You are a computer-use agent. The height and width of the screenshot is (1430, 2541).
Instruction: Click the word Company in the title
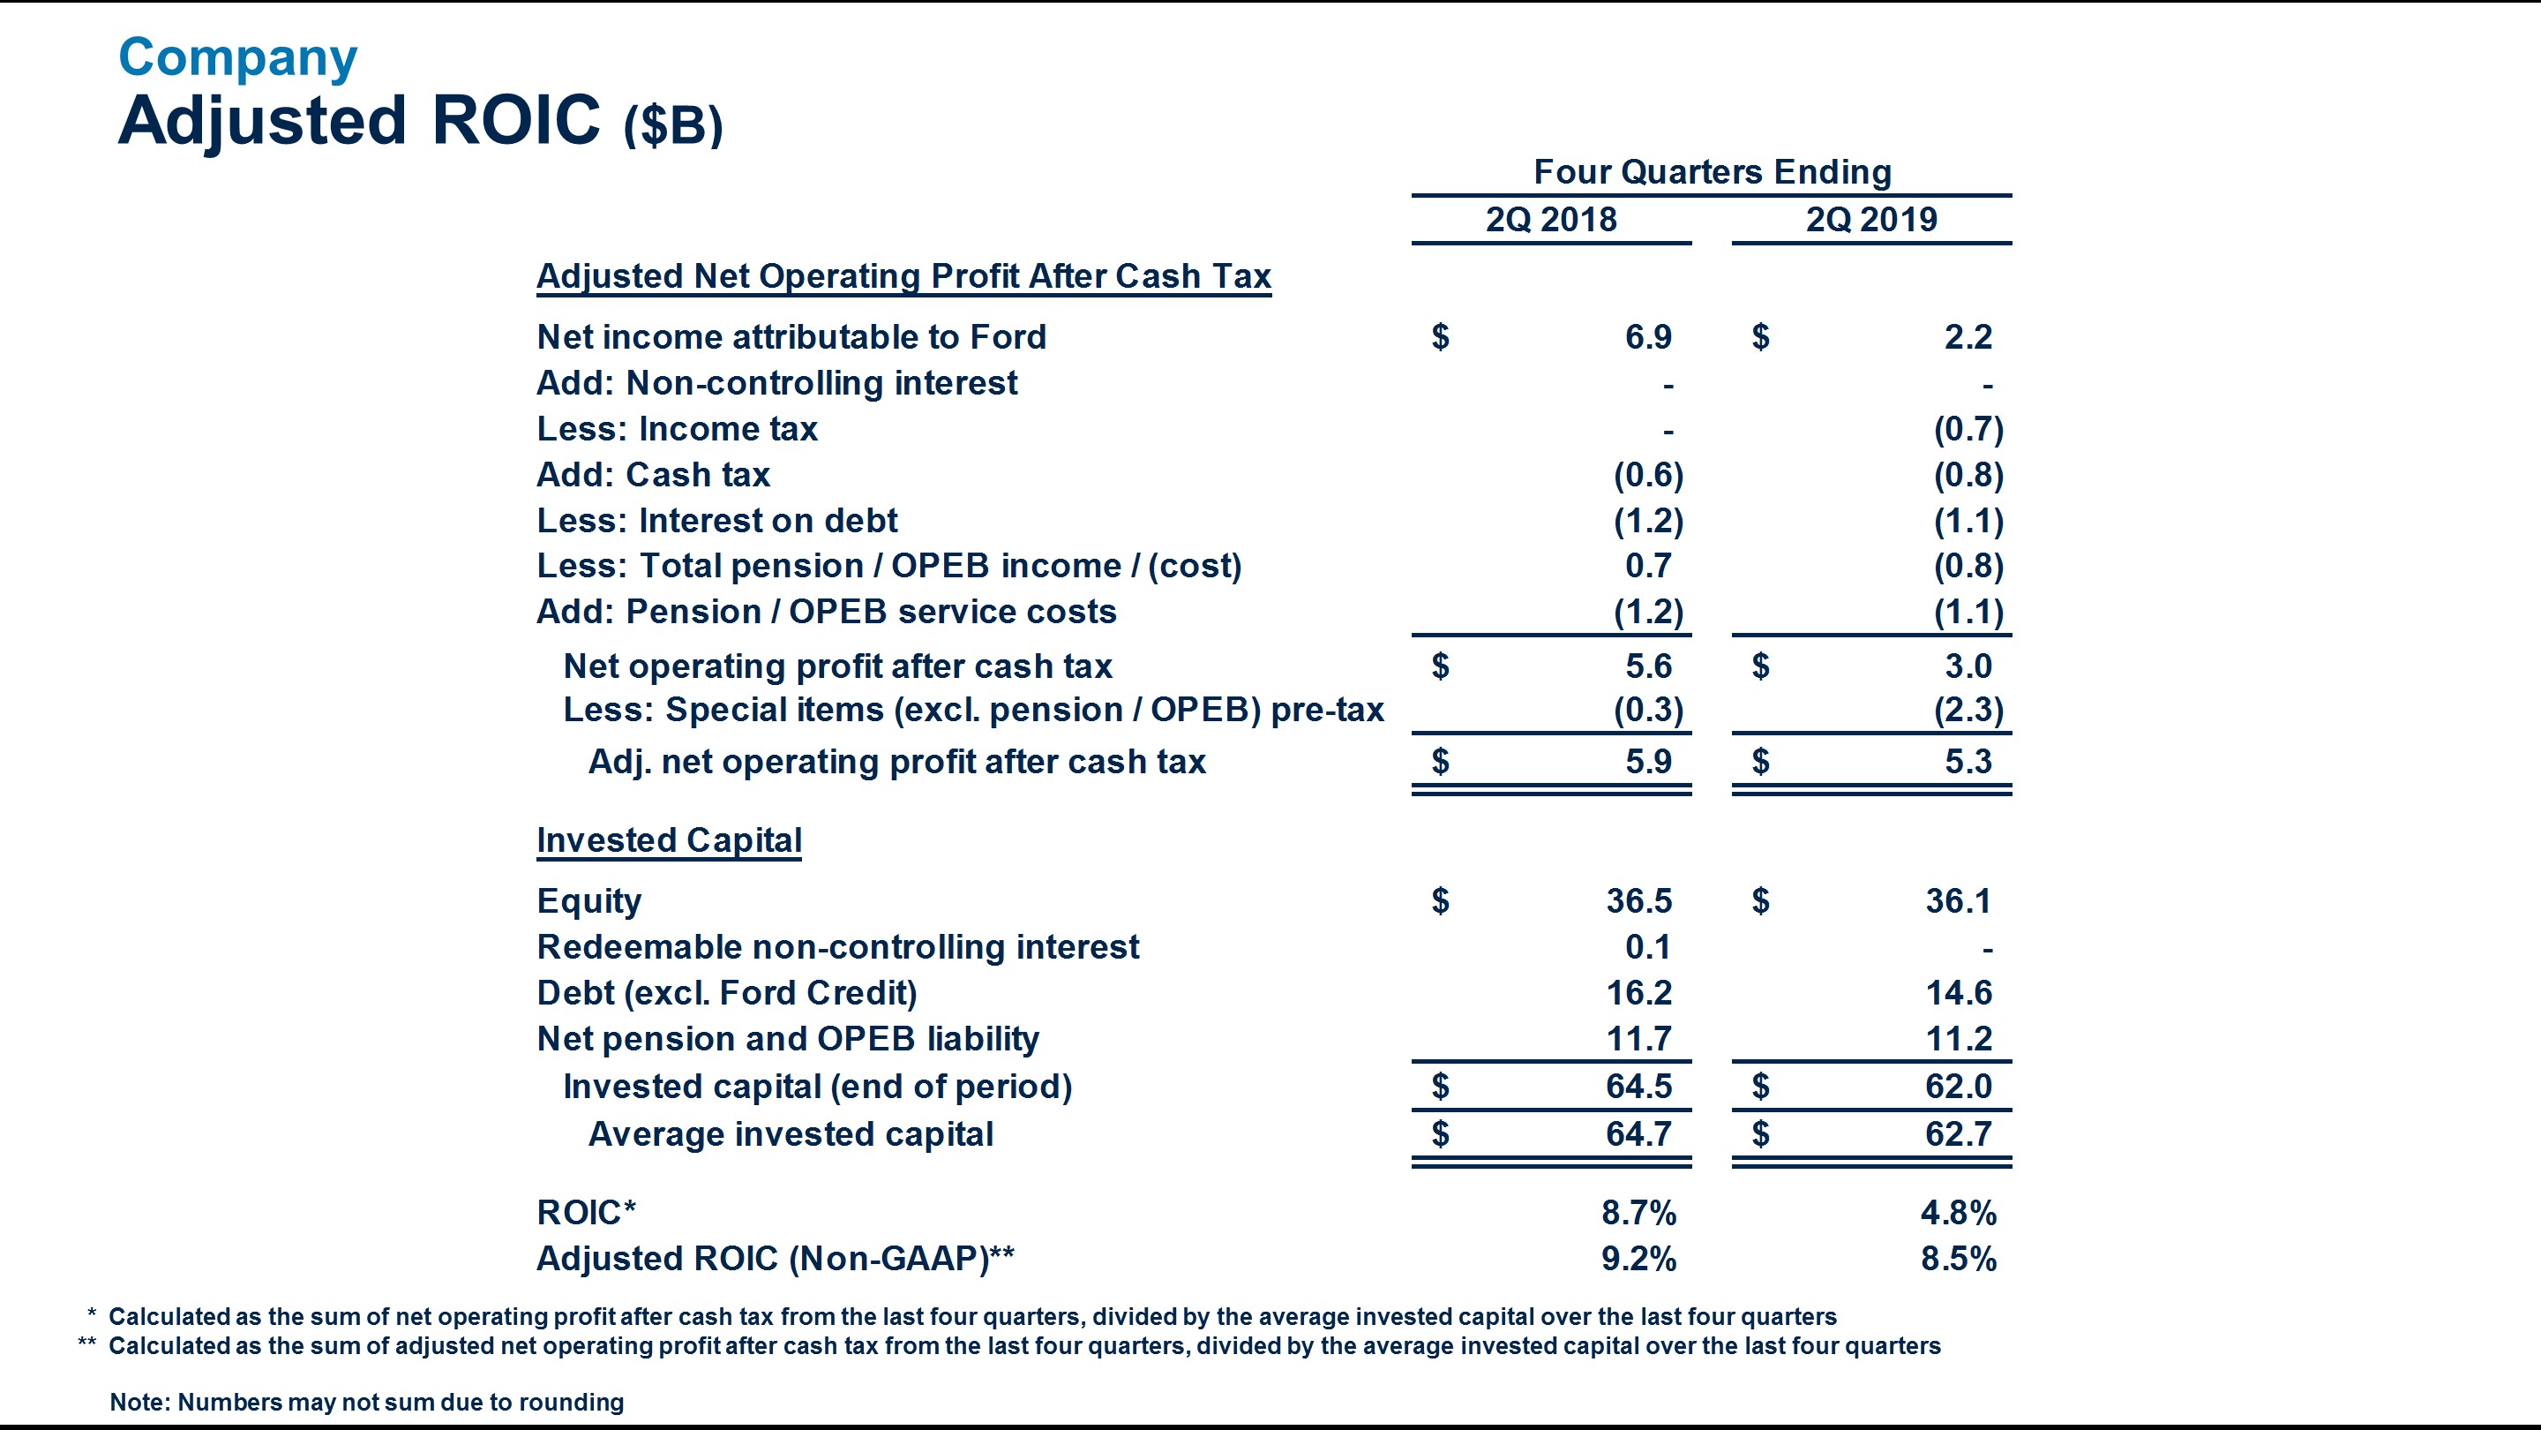[237, 57]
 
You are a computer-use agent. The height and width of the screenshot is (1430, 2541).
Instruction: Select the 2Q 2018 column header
[1551, 219]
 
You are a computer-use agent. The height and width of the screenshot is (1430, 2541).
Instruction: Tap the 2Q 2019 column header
[1871, 219]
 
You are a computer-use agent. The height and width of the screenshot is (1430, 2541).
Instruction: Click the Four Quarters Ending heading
[1713, 172]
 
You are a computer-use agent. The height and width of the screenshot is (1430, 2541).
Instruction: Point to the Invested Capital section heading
[669, 839]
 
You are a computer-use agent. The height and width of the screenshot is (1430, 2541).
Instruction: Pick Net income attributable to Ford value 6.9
[1648, 337]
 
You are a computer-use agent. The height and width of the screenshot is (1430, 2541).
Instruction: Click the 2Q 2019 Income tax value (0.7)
[1968, 429]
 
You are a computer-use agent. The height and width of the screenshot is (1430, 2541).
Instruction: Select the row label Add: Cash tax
[653, 475]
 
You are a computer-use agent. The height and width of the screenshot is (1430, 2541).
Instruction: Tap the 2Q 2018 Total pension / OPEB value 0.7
[1648, 566]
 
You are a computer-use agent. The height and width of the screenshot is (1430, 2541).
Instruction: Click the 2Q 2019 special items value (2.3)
[1968, 711]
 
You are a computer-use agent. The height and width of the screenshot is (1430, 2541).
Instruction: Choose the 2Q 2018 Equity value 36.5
[1638, 901]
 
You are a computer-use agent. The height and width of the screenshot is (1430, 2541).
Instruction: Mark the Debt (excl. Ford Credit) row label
[727, 993]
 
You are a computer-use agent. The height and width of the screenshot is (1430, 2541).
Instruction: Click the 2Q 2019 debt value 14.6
[1958, 993]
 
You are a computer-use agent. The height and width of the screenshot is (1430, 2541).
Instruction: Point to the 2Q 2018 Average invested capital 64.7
[1638, 1134]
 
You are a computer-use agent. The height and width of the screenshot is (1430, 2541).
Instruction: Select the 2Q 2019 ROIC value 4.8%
[1958, 1213]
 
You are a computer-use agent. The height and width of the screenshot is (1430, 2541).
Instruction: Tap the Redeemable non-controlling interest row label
[837, 947]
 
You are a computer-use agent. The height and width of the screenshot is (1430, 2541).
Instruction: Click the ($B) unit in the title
[674, 126]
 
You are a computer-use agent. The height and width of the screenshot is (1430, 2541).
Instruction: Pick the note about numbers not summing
[367, 1403]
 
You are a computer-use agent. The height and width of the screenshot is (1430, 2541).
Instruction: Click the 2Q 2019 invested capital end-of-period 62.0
[1958, 1087]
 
